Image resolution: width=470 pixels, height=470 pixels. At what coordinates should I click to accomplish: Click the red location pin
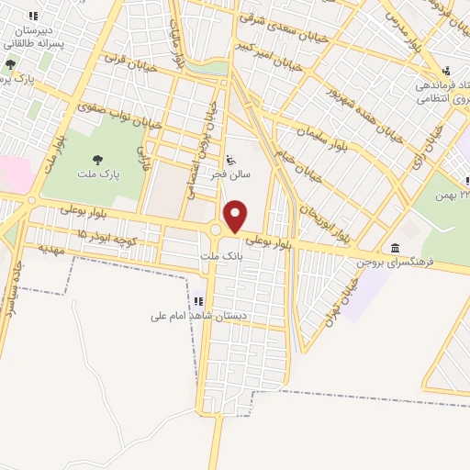[x=236, y=216]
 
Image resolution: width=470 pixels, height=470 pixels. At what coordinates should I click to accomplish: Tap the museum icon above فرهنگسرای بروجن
[x=394, y=248]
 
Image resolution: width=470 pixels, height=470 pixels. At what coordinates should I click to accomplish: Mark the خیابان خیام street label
[x=294, y=161]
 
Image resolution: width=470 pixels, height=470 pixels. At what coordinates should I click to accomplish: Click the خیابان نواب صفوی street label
[x=122, y=114]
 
